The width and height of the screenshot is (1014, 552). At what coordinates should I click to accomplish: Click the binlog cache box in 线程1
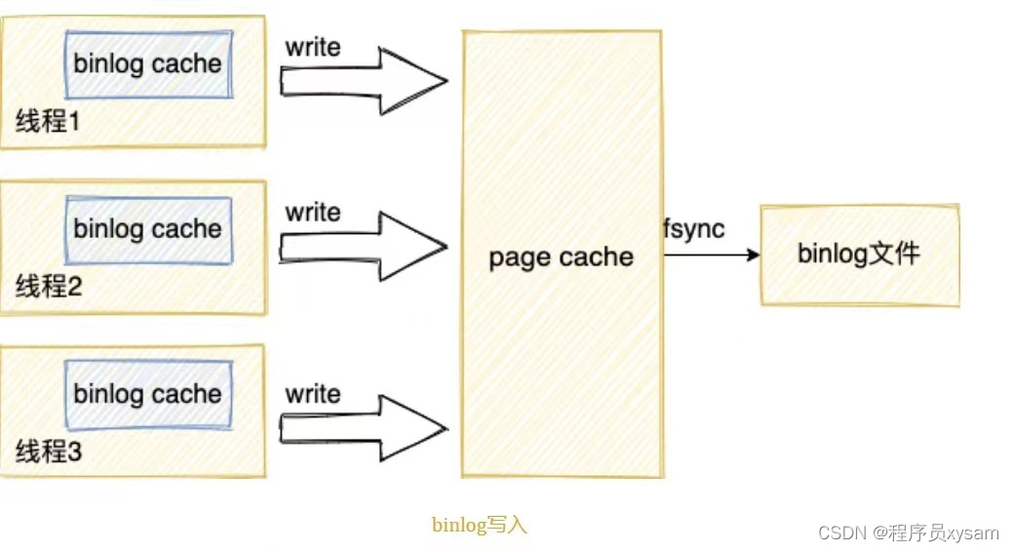[x=148, y=64]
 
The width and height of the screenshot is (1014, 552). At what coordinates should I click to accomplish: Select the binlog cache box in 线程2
[x=148, y=229]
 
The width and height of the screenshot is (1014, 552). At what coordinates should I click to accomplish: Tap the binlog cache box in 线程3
[x=148, y=394]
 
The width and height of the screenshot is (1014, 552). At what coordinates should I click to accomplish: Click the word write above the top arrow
[x=313, y=46]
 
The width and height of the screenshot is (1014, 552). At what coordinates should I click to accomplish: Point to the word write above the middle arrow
[x=313, y=212]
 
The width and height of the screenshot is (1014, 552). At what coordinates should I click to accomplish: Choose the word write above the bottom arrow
[x=313, y=394]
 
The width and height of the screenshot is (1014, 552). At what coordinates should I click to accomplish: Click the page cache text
[x=561, y=257]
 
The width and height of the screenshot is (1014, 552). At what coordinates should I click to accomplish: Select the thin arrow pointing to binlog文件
[x=711, y=255]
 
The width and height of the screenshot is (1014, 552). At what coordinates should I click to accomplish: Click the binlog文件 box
[x=859, y=255]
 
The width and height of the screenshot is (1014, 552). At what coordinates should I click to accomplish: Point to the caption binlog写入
[x=479, y=525]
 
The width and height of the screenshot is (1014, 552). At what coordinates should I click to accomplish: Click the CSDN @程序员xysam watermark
[x=909, y=532]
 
